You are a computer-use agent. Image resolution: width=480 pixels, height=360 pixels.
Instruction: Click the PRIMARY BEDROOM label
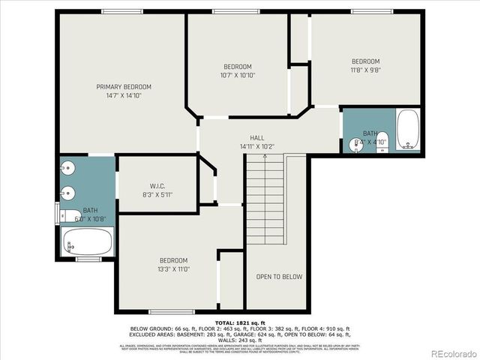click(x=124, y=87)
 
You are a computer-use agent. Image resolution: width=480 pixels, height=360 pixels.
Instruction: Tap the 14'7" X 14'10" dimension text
click(x=124, y=96)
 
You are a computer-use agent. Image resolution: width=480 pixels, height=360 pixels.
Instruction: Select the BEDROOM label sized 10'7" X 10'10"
click(x=238, y=66)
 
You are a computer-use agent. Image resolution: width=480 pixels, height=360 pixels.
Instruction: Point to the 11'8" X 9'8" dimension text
click(x=366, y=70)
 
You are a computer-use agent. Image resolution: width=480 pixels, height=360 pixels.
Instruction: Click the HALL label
click(x=257, y=138)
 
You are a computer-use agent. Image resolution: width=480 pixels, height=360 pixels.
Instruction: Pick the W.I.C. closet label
click(x=157, y=186)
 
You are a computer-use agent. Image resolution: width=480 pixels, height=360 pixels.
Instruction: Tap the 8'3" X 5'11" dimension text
click(x=157, y=195)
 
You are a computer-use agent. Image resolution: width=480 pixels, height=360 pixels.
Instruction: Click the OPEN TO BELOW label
click(x=279, y=277)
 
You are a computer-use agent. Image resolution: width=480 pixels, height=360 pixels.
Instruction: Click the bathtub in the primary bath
click(x=88, y=242)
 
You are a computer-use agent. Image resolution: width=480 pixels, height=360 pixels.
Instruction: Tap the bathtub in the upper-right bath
click(x=408, y=130)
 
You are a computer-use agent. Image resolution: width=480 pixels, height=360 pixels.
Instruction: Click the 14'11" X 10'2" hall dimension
click(x=257, y=147)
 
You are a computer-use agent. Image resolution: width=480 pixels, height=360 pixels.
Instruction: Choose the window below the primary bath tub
click(x=88, y=259)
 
